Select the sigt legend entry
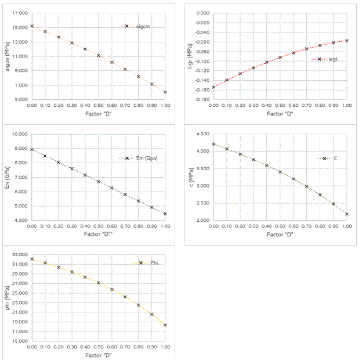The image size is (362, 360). (328, 59)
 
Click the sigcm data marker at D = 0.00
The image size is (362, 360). (32, 26)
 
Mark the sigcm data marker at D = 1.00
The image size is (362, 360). (165, 92)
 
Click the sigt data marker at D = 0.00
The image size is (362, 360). (213, 87)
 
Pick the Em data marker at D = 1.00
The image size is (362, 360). (165, 214)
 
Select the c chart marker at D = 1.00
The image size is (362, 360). (347, 214)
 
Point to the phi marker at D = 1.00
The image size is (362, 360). (165, 325)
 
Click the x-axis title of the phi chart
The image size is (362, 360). (98, 355)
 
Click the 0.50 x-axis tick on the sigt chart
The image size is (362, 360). (280, 106)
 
